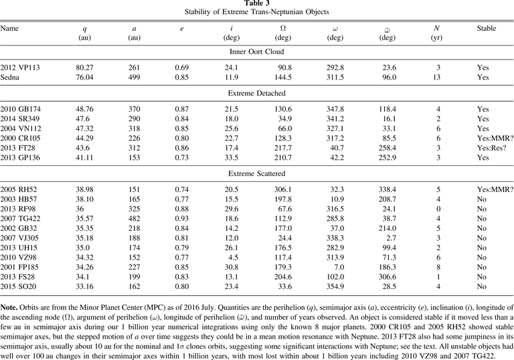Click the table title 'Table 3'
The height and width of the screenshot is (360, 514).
click(257, 3)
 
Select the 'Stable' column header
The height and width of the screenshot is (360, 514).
click(487, 28)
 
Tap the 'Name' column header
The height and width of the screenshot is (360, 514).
click(9, 28)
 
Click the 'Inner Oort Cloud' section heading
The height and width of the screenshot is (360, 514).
click(257, 52)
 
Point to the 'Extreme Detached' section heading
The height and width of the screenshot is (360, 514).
click(257, 93)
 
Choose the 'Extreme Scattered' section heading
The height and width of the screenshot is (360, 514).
click(257, 173)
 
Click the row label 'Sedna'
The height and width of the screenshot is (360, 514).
click(10, 78)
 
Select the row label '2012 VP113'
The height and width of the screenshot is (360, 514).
click(20, 68)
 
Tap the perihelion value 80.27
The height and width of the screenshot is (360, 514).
click(84, 68)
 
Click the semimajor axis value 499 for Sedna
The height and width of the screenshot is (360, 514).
click(134, 78)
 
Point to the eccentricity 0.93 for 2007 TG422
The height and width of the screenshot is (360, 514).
click(182, 219)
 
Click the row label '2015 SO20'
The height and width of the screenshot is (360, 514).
click(18, 286)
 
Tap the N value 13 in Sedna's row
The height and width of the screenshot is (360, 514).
click(436, 78)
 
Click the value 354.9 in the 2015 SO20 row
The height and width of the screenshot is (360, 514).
click(335, 286)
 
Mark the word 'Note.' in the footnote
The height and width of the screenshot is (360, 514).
click(9, 308)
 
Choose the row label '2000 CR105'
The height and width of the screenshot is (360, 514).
click(20, 138)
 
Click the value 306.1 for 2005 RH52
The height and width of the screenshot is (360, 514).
click(283, 189)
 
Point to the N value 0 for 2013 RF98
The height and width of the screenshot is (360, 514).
click(438, 209)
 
